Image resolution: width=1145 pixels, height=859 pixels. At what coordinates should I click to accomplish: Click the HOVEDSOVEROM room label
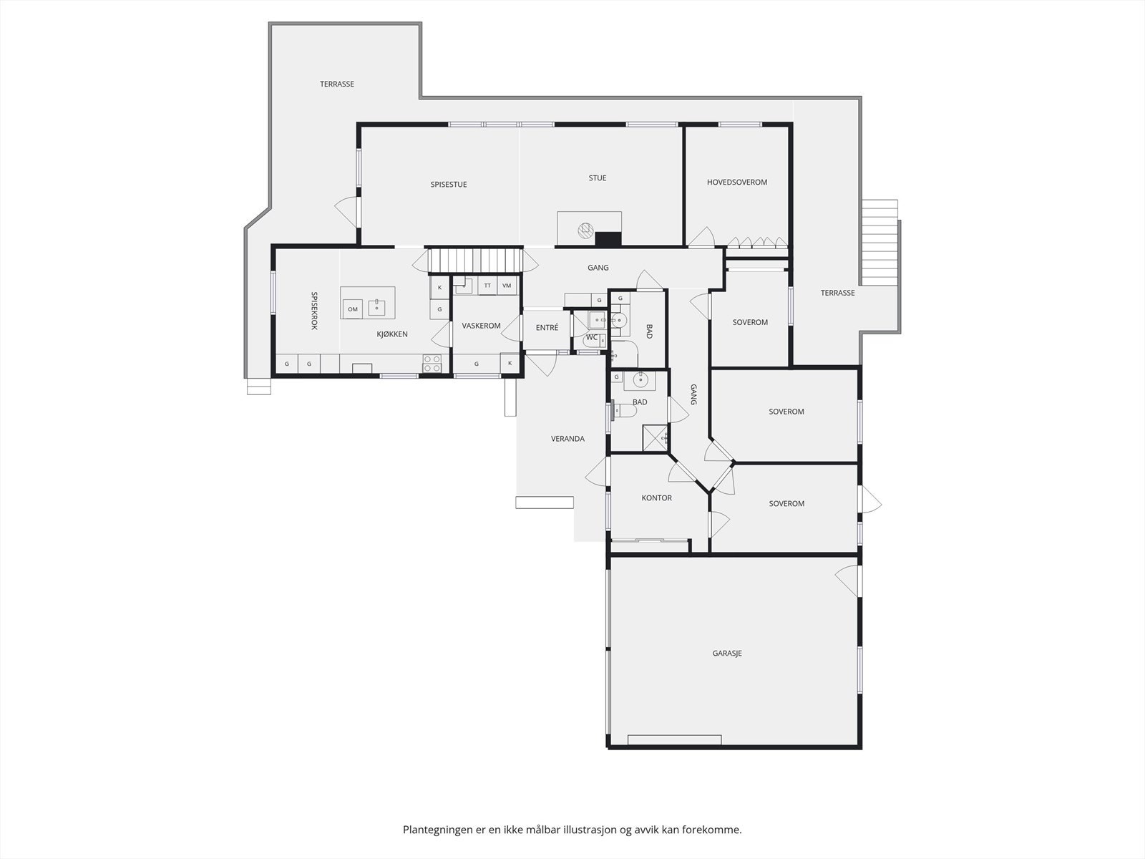pyautogui.click(x=736, y=182)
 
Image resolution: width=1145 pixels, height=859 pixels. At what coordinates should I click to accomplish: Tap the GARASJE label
pyautogui.click(x=726, y=653)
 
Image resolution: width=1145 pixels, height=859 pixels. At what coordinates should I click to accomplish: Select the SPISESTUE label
pyautogui.click(x=449, y=184)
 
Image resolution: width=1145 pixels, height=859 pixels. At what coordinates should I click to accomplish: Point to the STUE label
pyautogui.click(x=598, y=178)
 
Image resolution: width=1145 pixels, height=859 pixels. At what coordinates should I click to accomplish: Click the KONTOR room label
pyautogui.click(x=656, y=498)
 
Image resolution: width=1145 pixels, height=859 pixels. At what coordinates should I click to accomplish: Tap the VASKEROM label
pyautogui.click(x=481, y=326)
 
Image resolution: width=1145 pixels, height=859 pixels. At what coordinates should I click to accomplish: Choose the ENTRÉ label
pyautogui.click(x=547, y=327)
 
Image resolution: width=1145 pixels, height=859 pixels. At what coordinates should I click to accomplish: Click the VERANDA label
pyautogui.click(x=567, y=438)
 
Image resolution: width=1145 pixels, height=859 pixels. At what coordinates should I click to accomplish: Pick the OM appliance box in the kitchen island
pyautogui.click(x=353, y=309)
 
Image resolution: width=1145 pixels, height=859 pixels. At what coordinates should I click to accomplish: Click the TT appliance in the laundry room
pyautogui.click(x=487, y=286)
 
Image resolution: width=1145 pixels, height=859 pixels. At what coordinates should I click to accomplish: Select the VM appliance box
pyautogui.click(x=507, y=286)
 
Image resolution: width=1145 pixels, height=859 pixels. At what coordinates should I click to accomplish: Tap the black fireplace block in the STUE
pyautogui.click(x=608, y=239)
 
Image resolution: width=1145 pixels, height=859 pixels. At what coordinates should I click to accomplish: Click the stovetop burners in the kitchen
pyautogui.click(x=432, y=364)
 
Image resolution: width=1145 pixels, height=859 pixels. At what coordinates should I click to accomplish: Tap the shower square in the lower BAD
pyautogui.click(x=654, y=437)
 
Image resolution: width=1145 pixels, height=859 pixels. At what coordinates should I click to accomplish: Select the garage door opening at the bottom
pyautogui.click(x=674, y=739)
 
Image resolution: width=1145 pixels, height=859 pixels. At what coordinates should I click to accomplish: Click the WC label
pyautogui.click(x=592, y=336)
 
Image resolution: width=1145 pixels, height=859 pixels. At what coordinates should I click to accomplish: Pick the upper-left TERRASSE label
pyautogui.click(x=336, y=84)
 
